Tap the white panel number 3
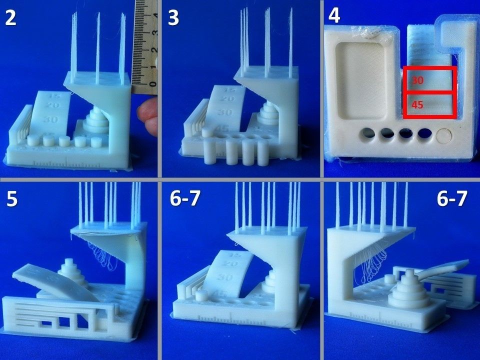click(x=174, y=18)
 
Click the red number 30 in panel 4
click(x=417, y=80)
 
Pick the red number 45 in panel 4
click(x=417, y=105)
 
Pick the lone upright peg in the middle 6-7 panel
click(x=201, y=295)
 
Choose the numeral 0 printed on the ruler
click(x=154, y=84)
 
